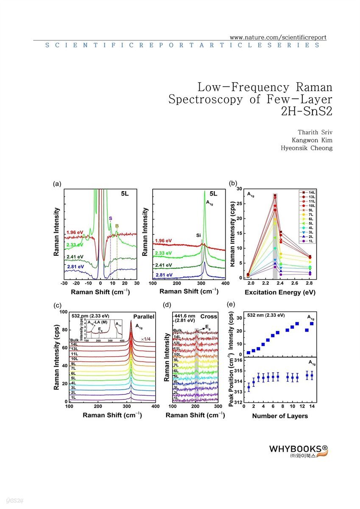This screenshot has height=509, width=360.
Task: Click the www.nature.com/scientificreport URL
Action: (277, 37)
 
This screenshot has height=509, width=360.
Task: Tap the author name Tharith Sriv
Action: (315, 132)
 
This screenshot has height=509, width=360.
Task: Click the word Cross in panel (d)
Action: (209, 316)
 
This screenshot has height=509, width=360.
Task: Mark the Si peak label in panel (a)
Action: (198, 234)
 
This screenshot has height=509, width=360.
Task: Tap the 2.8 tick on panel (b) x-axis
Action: (310, 282)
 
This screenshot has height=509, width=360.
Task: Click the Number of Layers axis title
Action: (280, 416)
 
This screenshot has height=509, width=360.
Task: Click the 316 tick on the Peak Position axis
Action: (238, 360)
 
